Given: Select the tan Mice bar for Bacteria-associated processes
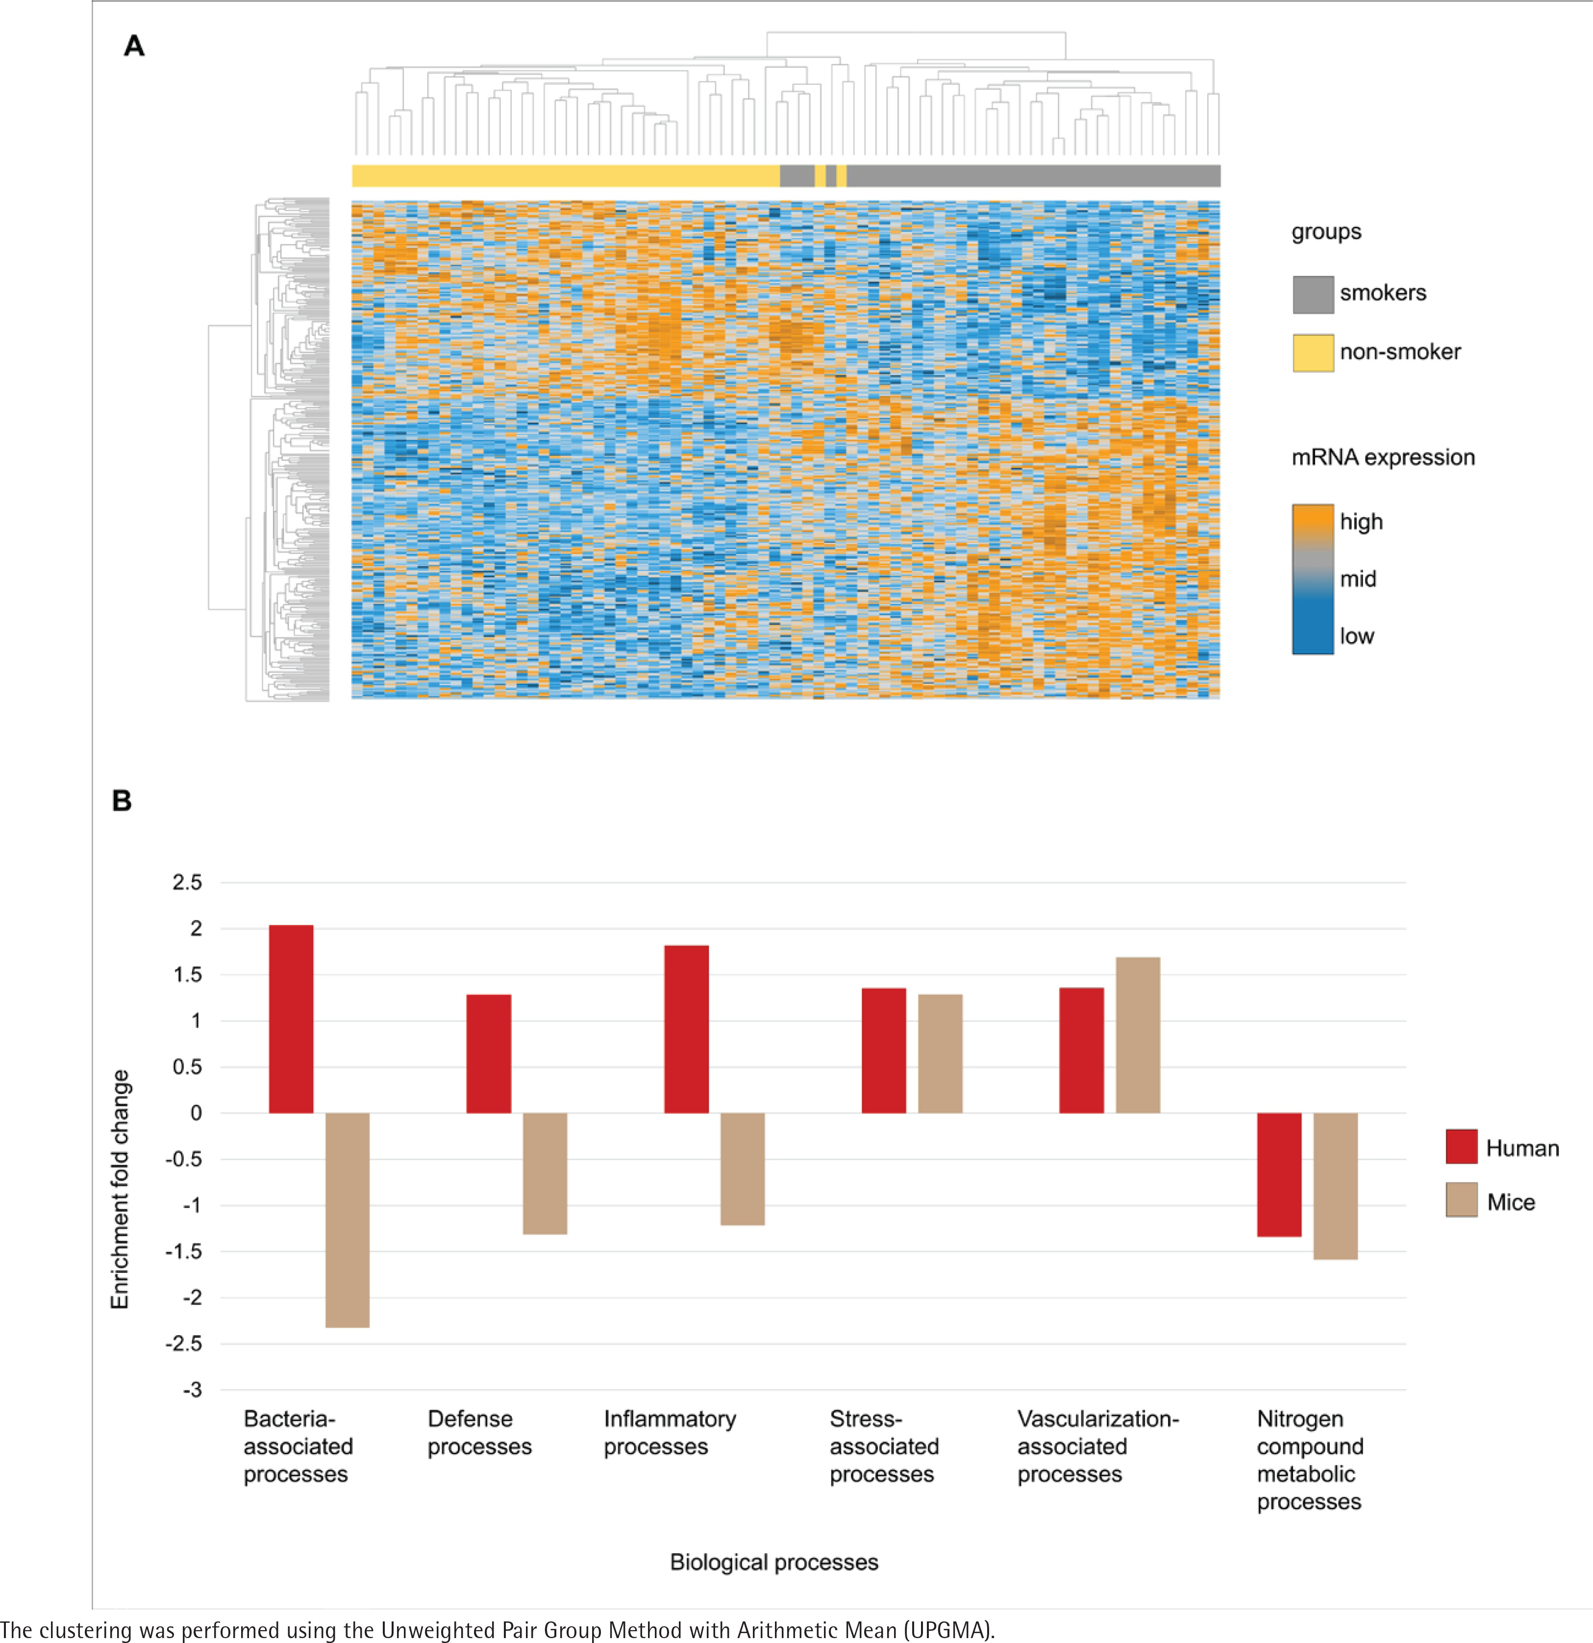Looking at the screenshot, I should [347, 1220].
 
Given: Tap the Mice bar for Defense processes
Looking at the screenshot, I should [545, 1173].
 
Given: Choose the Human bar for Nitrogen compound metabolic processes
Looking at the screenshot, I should [1279, 1173].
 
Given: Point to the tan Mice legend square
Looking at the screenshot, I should [1461, 1199].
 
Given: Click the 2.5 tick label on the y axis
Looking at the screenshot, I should [187, 882].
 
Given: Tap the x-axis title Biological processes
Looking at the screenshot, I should [774, 1562].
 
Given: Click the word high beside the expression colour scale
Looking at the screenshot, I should [1361, 522].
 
